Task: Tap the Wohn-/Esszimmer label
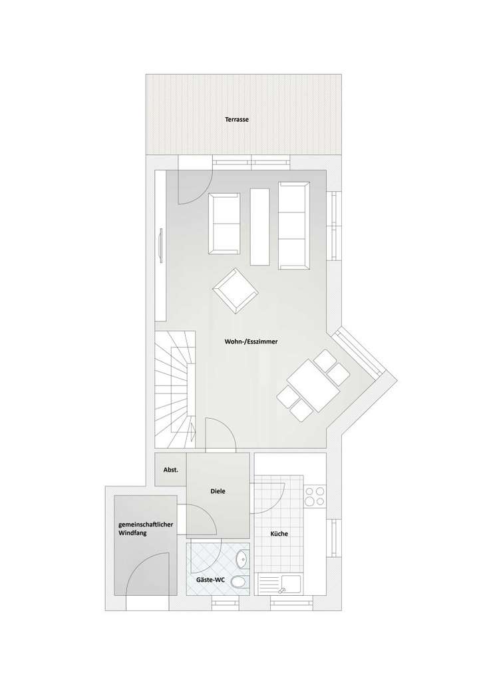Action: click(x=251, y=342)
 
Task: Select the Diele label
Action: click(x=218, y=491)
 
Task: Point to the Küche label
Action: click(x=279, y=533)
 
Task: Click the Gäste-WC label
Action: click(x=210, y=580)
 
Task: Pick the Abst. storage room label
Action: click(x=170, y=470)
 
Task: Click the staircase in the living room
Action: click(x=176, y=389)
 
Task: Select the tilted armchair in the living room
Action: click(x=235, y=290)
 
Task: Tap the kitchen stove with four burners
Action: click(x=314, y=497)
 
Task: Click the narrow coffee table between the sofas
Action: click(x=260, y=225)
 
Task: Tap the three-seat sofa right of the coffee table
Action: click(x=294, y=224)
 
